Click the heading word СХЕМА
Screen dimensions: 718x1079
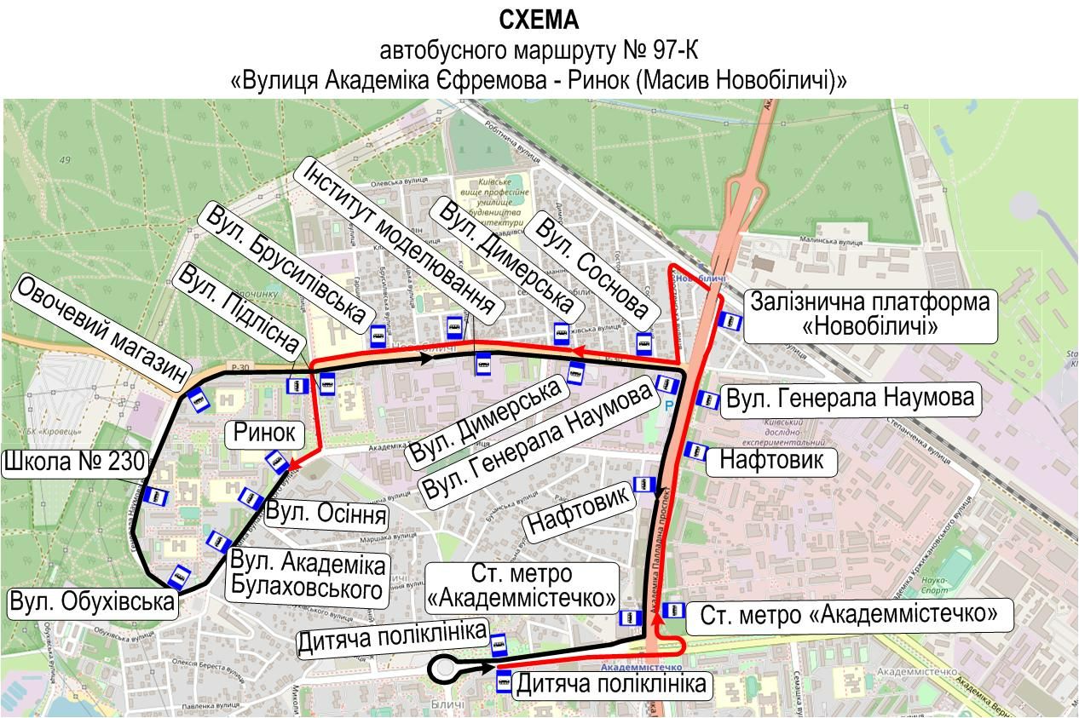pos(539,20)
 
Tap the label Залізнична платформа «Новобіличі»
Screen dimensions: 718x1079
pos(870,315)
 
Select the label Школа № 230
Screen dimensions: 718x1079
pos(74,464)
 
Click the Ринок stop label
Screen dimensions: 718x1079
pos(264,434)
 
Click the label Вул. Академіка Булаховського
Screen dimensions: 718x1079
pos(309,577)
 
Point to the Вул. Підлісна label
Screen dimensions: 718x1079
pos(239,308)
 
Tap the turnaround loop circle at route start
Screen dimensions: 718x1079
pos(444,670)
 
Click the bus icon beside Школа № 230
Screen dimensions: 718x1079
pos(155,496)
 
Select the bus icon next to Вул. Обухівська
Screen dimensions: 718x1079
pos(180,577)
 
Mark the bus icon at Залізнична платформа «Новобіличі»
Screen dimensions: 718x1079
pos(730,320)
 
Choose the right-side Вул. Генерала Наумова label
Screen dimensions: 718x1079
pos(848,398)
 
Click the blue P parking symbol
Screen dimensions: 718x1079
pos(668,405)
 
